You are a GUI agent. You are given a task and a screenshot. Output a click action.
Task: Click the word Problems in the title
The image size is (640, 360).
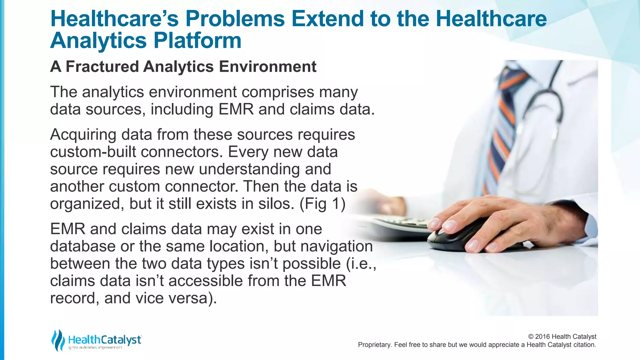pos(235,19)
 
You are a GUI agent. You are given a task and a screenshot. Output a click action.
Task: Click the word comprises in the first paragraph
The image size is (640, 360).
pos(278,92)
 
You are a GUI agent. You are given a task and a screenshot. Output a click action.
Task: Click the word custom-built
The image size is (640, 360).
pos(93,152)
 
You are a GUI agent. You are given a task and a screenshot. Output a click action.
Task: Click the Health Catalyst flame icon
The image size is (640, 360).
pos(58,340)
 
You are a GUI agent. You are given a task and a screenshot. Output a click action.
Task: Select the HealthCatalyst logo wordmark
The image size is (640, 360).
pos(104,340)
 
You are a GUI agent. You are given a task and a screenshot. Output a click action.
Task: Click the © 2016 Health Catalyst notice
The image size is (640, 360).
pos(562,337)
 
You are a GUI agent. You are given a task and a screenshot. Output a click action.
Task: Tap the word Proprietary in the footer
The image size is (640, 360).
pos(374,345)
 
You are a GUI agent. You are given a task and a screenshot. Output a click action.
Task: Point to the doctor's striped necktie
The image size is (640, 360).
pos(500,125)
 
